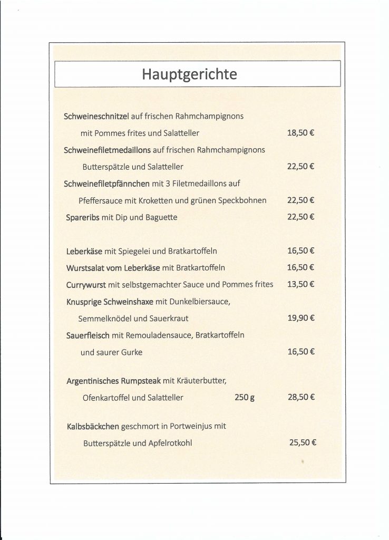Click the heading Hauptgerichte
[190, 74]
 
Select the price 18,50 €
[301, 133]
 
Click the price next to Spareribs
[301, 217]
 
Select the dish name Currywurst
[86, 285]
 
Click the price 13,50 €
[301, 284]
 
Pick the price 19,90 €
[301, 318]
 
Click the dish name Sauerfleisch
[88, 335]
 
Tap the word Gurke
[132, 352]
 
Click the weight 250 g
[245, 398]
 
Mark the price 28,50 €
[301, 397]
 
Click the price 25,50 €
[303, 443]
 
